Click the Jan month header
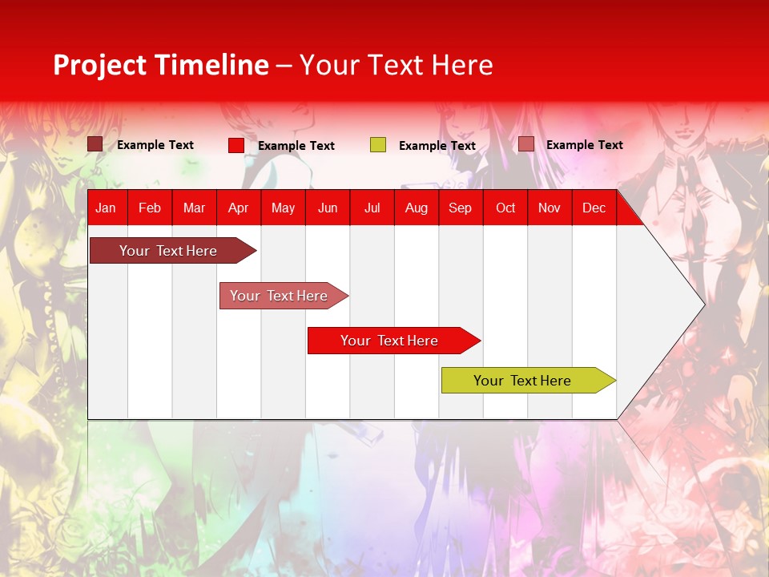click(106, 208)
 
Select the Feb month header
click(150, 208)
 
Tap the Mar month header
click(194, 208)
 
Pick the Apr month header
click(239, 208)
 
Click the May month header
click(283, 208)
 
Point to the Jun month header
click(328, 208)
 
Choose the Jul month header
click(372, 208)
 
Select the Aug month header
click(417, 208)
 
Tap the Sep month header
click(461, 208)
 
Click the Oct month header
click(505, 208)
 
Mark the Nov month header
click(550, 208)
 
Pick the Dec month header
click(594, 208)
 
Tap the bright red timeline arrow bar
click(390, 341)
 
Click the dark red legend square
click(95, 144)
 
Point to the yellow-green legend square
click(378, 145)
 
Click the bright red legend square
click(236, 145)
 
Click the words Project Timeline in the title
click(161, 65)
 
